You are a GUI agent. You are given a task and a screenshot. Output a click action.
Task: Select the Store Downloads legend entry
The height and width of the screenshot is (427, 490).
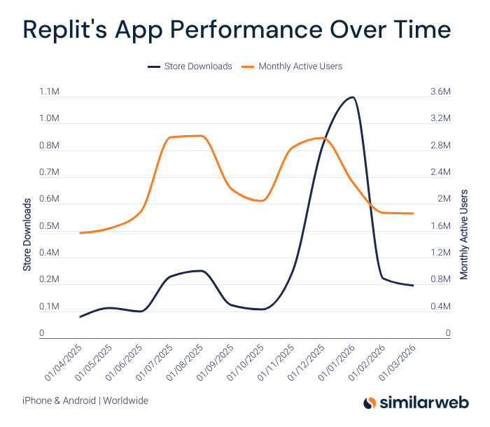190,66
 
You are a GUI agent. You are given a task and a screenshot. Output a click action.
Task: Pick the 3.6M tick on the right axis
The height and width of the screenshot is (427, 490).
440,92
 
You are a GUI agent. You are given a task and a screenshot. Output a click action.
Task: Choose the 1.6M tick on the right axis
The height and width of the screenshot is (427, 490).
440,226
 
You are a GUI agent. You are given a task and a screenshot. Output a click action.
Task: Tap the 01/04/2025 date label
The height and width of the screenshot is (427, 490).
64,362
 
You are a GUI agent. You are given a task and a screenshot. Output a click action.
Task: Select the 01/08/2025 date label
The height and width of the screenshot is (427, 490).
185,362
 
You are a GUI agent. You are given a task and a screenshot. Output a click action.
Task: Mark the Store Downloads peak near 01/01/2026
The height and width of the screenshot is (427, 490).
352,97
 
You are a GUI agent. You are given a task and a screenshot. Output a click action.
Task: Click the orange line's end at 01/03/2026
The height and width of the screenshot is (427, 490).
413,213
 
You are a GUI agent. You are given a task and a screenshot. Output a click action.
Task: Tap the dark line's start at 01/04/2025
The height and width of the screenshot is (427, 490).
80,317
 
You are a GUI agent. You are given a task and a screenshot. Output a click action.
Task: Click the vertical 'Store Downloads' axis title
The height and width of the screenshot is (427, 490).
27,234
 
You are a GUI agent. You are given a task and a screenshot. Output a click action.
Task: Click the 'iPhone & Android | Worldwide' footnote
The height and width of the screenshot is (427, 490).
85,401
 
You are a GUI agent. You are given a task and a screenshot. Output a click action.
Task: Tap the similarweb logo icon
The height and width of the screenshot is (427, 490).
369,402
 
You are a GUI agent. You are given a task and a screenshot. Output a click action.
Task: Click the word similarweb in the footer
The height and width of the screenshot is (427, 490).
423,402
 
